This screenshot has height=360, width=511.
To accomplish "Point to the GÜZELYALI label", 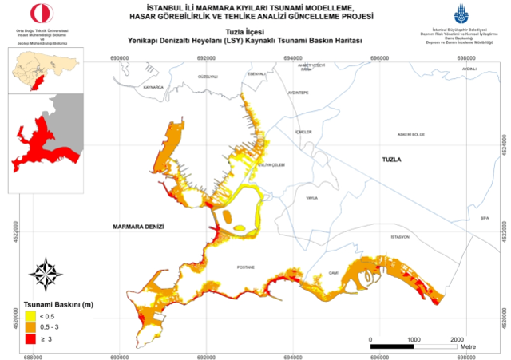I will click(x=208, y=77).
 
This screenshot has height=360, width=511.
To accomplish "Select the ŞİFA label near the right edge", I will click(x=482, y=216).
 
